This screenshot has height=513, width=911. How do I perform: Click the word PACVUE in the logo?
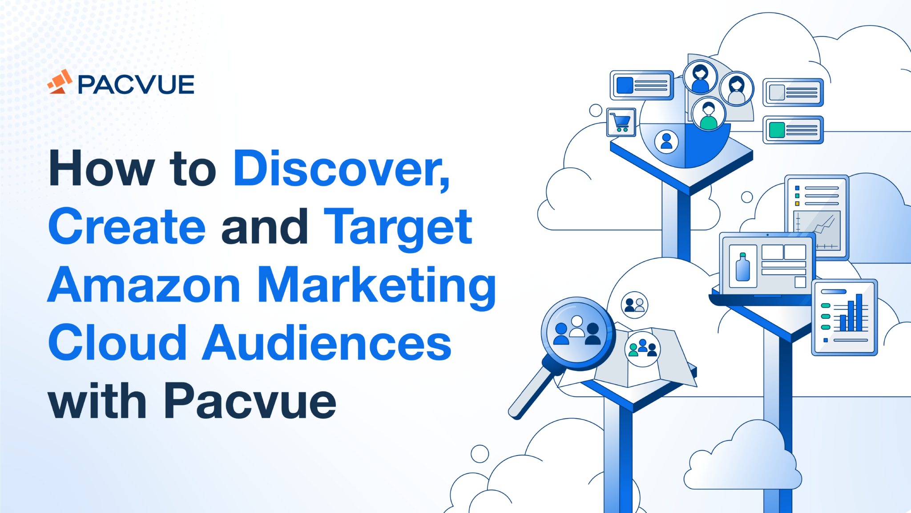click(136, 85)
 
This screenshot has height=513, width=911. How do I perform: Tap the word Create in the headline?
click(127, 227)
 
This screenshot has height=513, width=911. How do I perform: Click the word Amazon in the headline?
click(144, 285)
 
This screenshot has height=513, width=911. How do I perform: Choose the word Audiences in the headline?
click(327, 343)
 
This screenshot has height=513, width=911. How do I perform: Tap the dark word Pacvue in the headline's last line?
click(250, 402)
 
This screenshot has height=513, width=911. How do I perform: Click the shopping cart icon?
click(621, 122)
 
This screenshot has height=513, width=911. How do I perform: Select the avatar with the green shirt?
click(708, 114)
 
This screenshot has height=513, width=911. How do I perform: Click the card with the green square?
click(793, 130)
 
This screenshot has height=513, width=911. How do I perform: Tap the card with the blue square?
click(641, 85)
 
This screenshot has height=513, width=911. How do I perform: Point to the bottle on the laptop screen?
click(742, 267)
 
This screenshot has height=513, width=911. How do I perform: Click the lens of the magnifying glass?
click(577, 332)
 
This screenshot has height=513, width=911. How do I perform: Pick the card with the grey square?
click(793, 93)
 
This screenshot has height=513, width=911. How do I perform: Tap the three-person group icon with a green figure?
click(642, 349)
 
